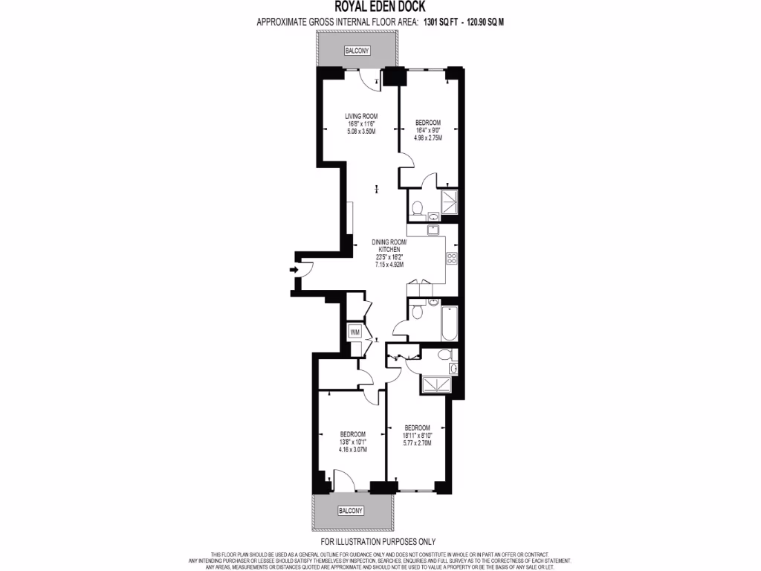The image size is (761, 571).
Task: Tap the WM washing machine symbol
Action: pos(355,332)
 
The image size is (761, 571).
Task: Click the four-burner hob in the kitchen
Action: pos(450,258)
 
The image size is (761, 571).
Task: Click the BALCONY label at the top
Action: pos(356,51)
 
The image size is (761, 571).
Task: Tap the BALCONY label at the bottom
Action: pos(351,511)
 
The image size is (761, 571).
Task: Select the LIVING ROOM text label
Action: pos(361,116)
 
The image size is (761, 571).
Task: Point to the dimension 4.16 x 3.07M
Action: pos(352,449)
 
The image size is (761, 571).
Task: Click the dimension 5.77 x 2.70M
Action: pos(416,443)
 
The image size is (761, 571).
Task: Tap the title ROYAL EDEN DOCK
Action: pos(380,8)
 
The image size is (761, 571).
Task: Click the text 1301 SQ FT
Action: pos(441,22)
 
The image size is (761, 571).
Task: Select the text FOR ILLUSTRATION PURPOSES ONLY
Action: pos(378,542)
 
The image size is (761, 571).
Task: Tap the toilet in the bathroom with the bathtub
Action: pos(418,313)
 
